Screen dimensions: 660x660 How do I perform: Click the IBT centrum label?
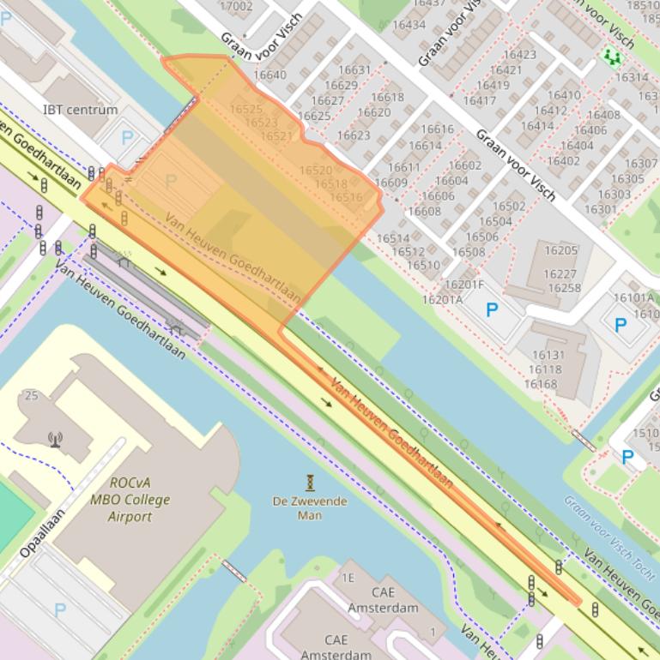coord(80,110)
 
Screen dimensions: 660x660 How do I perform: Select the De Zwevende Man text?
coord(310,508)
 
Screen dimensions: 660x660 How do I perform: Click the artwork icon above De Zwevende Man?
coord(310,483)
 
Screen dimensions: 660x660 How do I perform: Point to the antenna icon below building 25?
coord(56,440)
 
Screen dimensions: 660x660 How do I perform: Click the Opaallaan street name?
coord(42,532)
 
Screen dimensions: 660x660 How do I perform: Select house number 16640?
coord(269,75)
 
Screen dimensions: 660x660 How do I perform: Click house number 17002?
coord(236,6)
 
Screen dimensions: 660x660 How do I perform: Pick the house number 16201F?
coord(464,285)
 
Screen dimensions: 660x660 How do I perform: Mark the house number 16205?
coord(561,250)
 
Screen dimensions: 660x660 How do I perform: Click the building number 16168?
coord(541,384)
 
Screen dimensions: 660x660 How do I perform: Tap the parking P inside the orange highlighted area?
coord(171,182)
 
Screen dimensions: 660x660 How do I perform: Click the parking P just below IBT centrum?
coord(128,137)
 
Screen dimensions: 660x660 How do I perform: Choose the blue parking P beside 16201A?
coord(492,310)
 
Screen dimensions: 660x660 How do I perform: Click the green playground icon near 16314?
coord(611,57)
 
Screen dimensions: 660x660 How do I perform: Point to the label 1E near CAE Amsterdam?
coord(348,579)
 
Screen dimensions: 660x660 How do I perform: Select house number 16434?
coord(409,25)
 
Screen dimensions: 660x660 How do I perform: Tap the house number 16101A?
coord(633,298)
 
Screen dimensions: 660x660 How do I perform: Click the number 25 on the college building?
coord(32,395)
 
